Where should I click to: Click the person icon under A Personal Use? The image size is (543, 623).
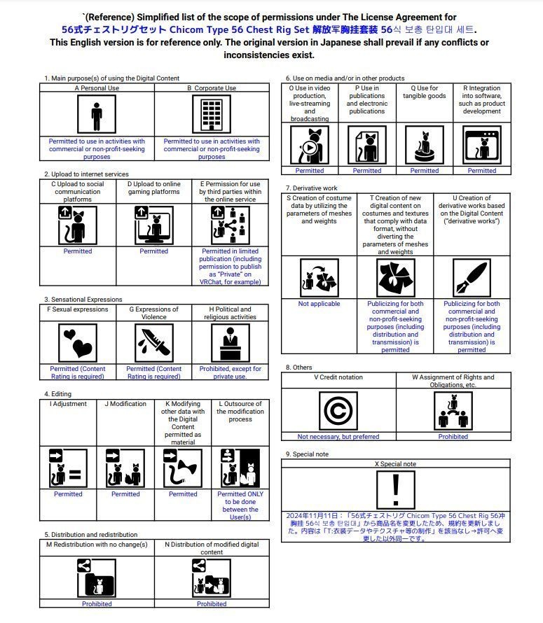97,115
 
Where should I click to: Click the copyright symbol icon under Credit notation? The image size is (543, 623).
338,409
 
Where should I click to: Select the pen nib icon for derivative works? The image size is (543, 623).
472,277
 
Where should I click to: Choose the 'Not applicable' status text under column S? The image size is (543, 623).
319,304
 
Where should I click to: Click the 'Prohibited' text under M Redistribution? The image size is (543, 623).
97,603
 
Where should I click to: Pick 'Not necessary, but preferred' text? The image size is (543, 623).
338,436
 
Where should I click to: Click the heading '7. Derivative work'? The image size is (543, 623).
311,188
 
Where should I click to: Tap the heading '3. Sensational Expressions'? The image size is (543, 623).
83,300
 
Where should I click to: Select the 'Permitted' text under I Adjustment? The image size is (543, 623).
68,493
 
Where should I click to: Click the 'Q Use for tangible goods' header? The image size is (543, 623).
425,92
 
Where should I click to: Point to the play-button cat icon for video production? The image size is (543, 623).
310,145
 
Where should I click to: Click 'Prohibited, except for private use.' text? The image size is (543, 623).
230,372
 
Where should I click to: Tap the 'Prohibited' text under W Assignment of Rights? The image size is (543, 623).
453,436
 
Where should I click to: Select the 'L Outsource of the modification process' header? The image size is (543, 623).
240,412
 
